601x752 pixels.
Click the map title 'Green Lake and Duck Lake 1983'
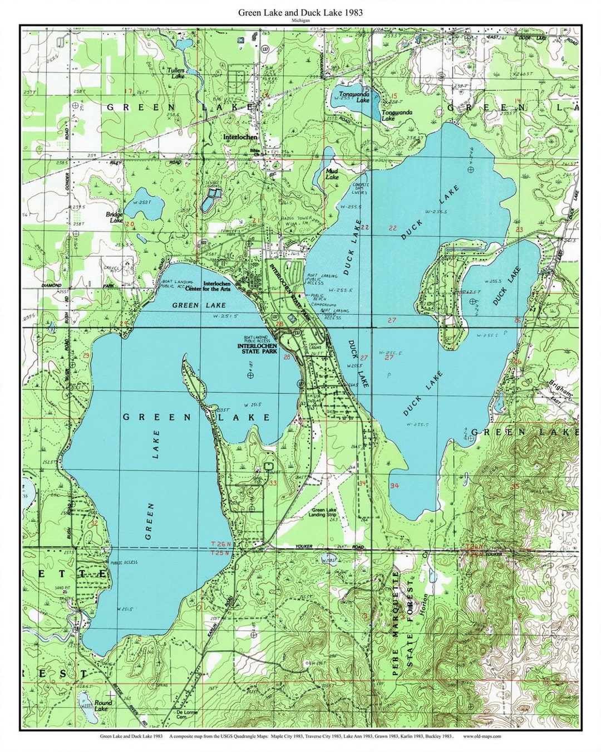[x=300, y=12]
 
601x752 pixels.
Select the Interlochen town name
[x=240, y=136]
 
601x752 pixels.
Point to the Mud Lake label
[x=332, y=174]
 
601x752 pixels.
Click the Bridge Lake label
[x=115, y=217]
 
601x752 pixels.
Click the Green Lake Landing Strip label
[x=326, y=513]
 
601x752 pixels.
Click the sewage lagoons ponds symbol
[x=212, y=197]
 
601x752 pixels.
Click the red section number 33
[x=272, y=483]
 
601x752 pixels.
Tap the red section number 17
[x=129, y=91]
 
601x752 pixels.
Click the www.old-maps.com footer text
[x=478, y=736]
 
